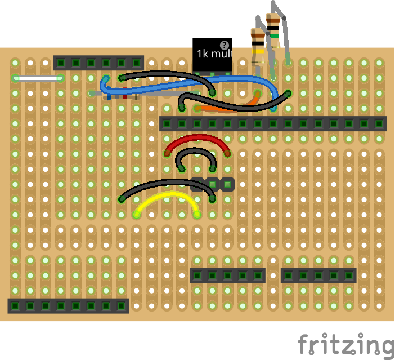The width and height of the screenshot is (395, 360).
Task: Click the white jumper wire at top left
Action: pos(37,78)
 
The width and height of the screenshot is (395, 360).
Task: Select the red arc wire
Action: pos(197,137)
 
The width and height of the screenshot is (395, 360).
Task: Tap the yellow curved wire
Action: pos(167,195)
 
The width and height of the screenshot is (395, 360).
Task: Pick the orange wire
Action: pos(236,106)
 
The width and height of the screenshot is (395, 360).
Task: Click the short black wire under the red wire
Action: pos(196,150)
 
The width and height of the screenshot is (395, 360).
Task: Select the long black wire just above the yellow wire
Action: pos(167,182)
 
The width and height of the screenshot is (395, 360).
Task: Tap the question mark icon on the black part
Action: pos(225,45)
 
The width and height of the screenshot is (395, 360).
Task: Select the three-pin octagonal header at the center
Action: pos(212,184)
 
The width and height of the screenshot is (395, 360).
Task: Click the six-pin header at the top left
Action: pos(98,63)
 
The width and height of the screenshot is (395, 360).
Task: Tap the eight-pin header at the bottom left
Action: pos(68,306)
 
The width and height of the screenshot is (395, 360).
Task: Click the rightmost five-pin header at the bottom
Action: pos(318,275)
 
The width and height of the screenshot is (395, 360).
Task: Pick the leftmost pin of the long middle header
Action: pos(167,123)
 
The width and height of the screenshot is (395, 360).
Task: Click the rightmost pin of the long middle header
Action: pos(379,123)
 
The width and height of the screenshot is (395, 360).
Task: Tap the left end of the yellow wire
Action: pos(137,214)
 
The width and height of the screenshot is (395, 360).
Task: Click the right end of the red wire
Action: pos(227,153)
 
